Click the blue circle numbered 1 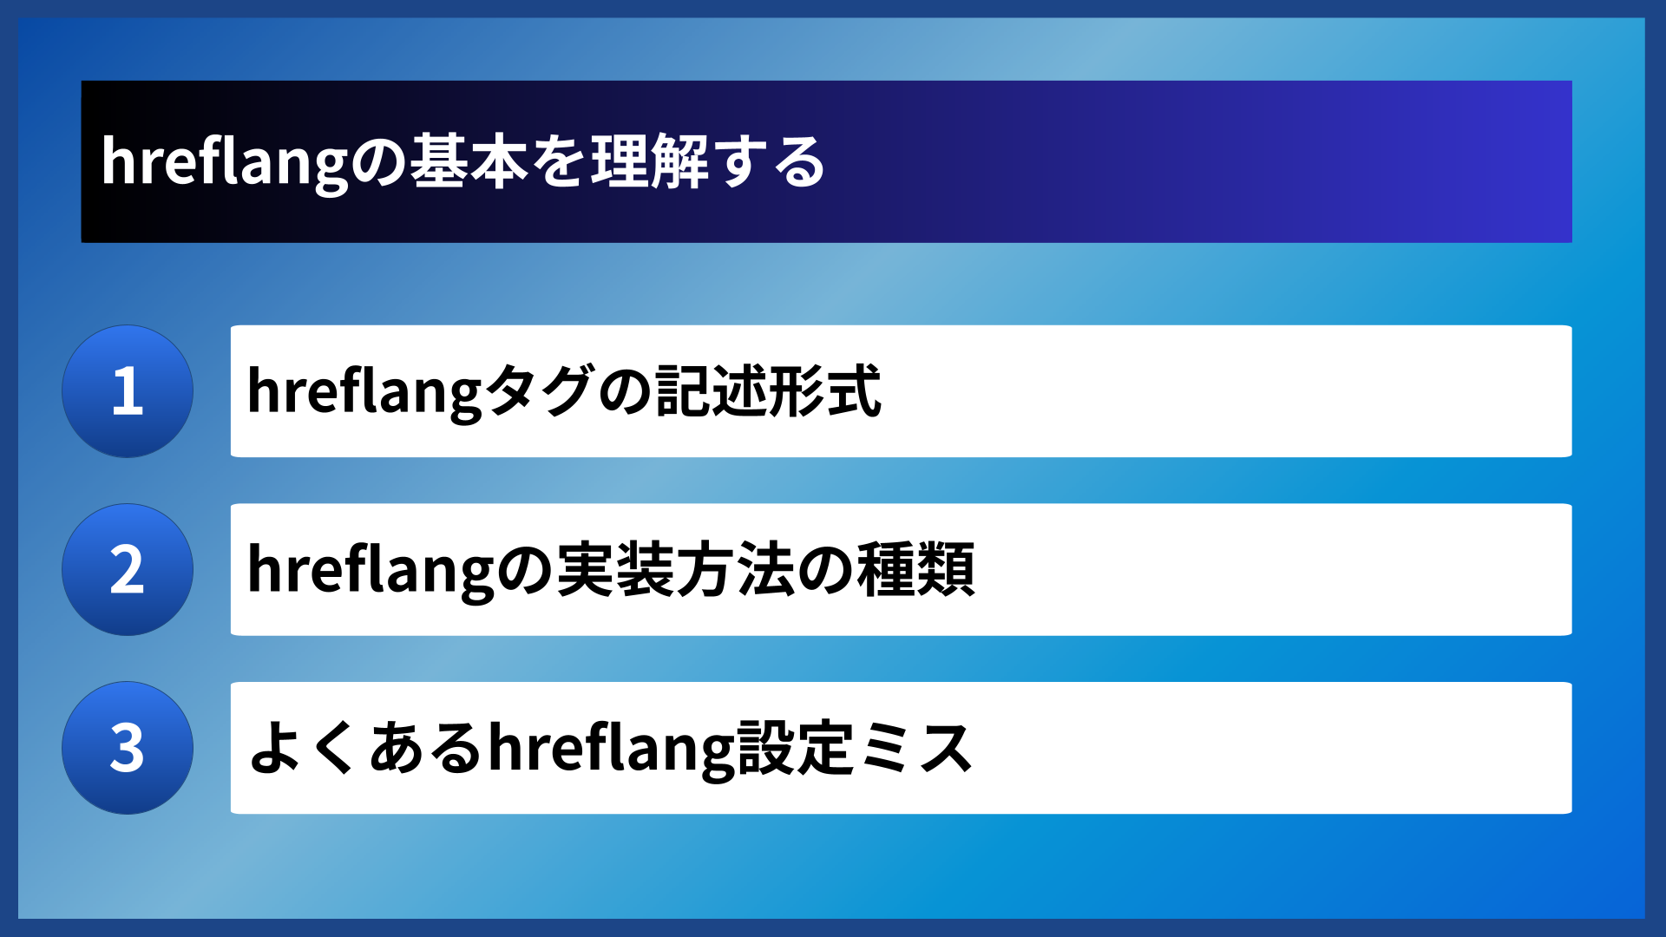(128, 391)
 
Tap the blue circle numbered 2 (128, 570)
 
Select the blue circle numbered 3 (128, 748)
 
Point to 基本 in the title (469, 162)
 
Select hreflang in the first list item (364, 391)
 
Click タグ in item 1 (538, 391)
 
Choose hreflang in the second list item (364, 570)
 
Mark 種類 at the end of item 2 (915, 570)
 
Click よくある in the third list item (364, 748)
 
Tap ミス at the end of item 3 (915, 748)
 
